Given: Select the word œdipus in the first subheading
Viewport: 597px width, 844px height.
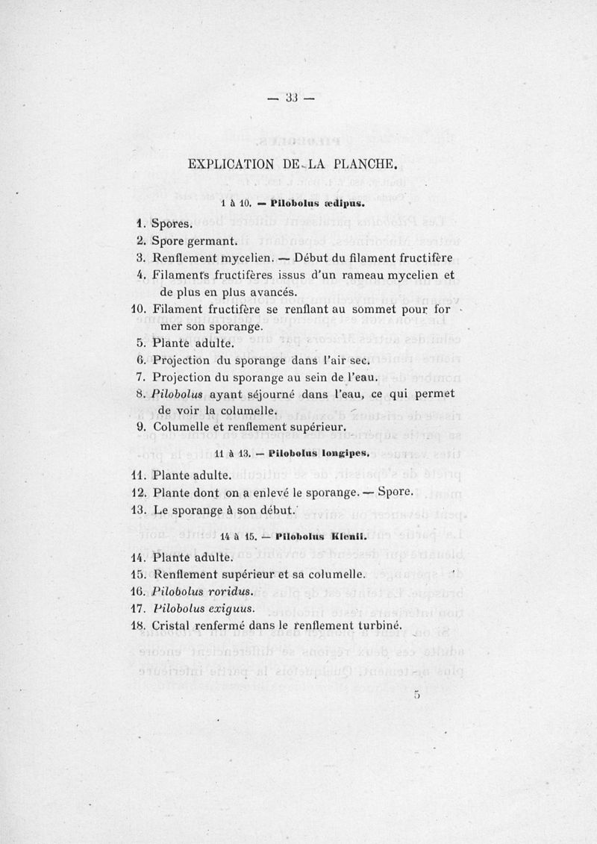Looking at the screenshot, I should click(345, 202).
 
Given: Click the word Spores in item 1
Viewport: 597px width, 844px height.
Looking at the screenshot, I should click(172, 223).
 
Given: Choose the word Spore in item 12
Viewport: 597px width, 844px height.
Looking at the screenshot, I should click(395, 493).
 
